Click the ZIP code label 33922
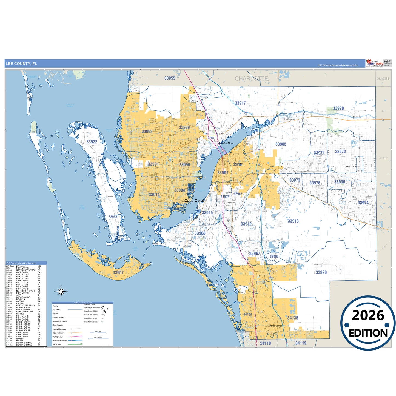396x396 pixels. coord(92,142)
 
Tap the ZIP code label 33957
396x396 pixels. coord(118,272)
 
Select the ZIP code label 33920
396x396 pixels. coord(338,108)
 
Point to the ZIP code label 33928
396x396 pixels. coord(321,272)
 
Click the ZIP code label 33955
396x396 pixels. coord(170,78)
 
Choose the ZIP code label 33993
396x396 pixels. coord(147,132)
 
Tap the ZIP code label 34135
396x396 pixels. coord(293,318)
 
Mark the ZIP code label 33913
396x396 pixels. coord(293,221)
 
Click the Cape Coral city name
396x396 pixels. coord(194,201)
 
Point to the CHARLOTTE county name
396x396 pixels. coord(251,79)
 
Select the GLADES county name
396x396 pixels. coord(383,79)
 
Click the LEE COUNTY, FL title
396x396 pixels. coord(21,64)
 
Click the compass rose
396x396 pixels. coord(61,292)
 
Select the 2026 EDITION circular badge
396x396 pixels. coord(368,323)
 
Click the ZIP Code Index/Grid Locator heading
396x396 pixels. coord(21,263)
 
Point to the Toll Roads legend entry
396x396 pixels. coord(57,344)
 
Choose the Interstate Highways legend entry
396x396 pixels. coord(60,341)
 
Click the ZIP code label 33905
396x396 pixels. coord(281,144)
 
